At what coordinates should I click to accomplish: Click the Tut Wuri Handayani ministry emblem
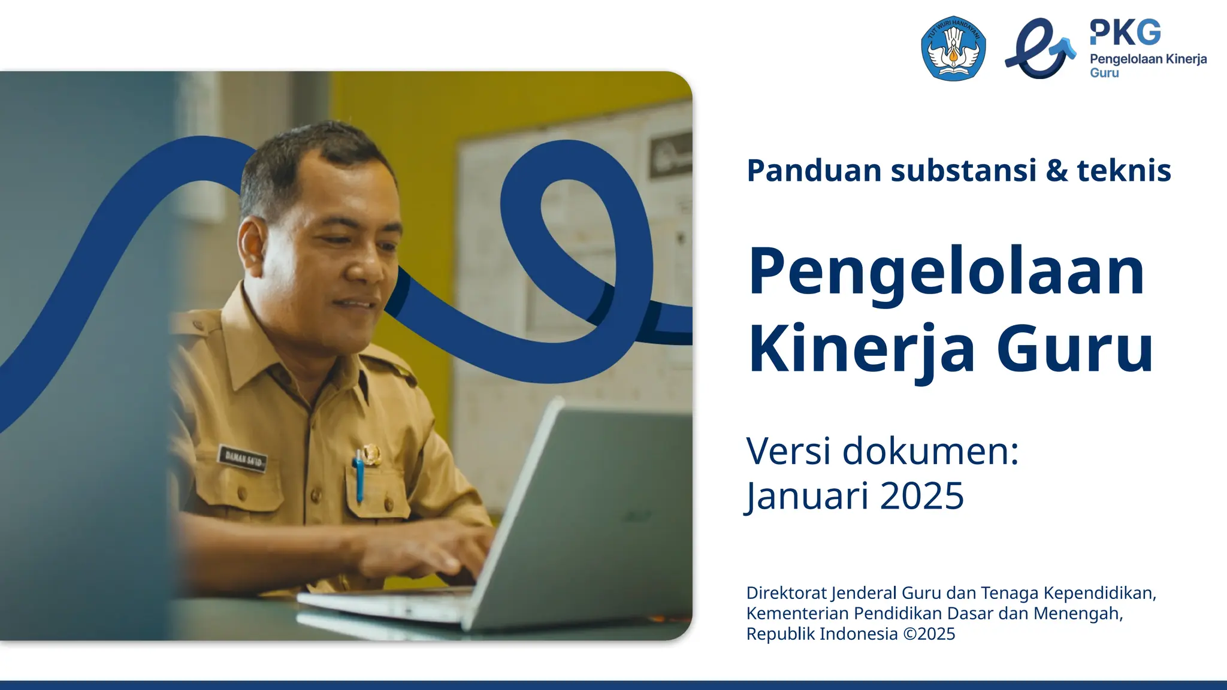click(x=953, y=49)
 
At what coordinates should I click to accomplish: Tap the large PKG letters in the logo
click(x=1125, y=32)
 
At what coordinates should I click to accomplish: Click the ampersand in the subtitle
click(x=1057, y=171)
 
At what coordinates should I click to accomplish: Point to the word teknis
click(x=1123, y=171)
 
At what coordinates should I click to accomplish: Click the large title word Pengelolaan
click(x=946, y=273)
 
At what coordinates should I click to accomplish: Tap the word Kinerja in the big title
click(x=862, y=349)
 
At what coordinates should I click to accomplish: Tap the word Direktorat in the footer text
click(x=786, y=593)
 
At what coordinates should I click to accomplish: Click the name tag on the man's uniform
click(x=241, y=459)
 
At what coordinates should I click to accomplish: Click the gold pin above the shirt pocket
click(x=371, y=454)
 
